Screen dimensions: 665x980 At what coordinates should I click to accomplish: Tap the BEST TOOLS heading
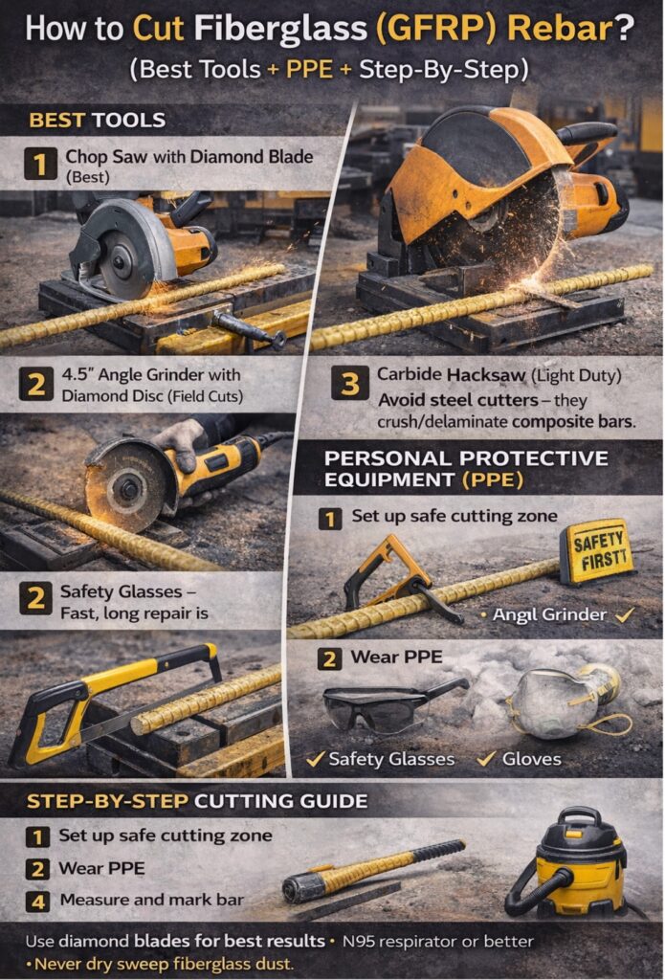98,120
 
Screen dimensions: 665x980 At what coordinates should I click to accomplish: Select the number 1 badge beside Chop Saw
40,164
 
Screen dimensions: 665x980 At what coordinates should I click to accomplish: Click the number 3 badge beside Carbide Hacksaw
349,385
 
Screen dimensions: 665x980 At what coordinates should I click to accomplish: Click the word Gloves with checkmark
532,759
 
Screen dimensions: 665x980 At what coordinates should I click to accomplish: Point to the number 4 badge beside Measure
38,902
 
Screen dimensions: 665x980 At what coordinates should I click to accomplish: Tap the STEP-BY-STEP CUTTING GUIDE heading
197,801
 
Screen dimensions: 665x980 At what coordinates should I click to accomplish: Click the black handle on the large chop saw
587,132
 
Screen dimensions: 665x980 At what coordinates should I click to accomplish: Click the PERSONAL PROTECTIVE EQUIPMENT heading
466,469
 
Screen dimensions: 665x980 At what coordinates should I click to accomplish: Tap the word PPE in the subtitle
309,69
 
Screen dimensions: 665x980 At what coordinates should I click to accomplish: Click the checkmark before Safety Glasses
316,759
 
